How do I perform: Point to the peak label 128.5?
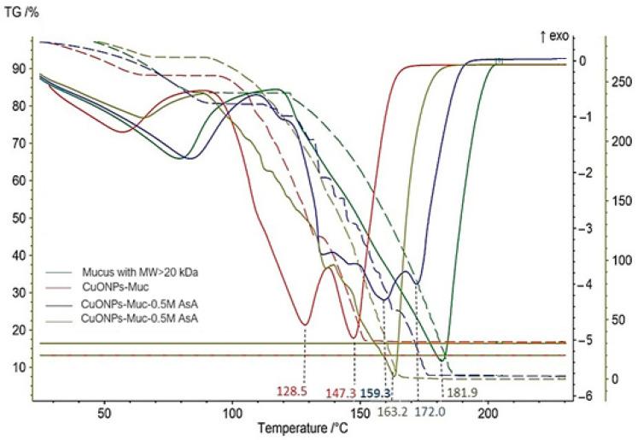[291, 391]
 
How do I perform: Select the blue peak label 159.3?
[375, 393]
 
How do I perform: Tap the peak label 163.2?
[394, 411]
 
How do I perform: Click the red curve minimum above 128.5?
[304, 325]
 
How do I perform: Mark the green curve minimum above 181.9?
[442, 360]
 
